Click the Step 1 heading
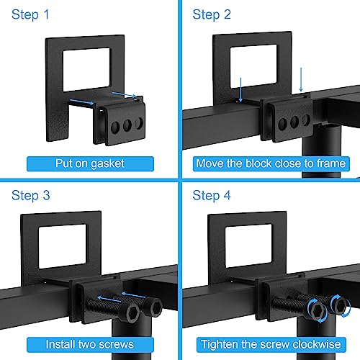coord(30,14)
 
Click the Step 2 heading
coord(212,14)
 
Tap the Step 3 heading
coord(31,195)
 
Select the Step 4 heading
coord(212,195)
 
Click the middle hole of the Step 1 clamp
coord(127,125)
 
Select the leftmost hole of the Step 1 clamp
coord(115,127)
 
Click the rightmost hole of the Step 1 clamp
coord(139,122)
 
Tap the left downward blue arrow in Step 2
coord(240,90)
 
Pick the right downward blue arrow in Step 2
coord(301,80)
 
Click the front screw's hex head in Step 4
coord(317,310)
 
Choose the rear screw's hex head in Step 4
coord(340,305)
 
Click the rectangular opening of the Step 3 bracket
coord(62,246)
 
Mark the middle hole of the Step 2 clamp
coord(294,122)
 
